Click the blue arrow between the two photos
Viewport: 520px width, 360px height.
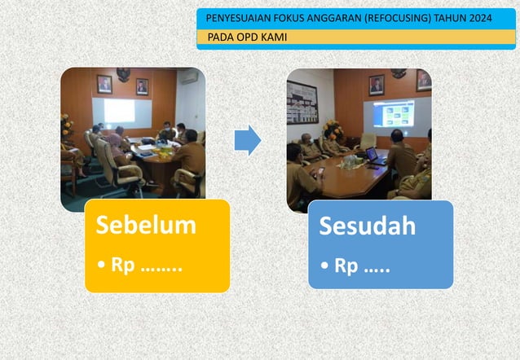point(247,140)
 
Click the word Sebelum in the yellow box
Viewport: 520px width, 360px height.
point(146,225)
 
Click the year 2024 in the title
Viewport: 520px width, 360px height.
point(478,18)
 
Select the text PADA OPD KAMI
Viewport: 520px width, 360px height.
point(246,37)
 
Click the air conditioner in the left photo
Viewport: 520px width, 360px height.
point(189,77)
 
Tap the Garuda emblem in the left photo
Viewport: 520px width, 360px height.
point(123,74)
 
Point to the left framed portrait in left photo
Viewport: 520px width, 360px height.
point(104,83)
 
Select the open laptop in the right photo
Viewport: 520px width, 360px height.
point(374,155)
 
